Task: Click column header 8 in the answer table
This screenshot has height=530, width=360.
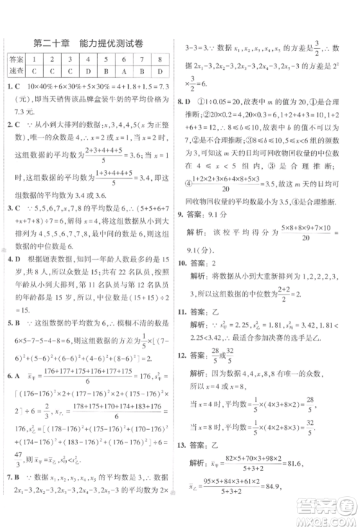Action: pyautogui.click(x=161, y=60)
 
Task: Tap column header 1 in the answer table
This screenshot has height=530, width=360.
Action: pyautogui.click(x=35, y=60)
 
